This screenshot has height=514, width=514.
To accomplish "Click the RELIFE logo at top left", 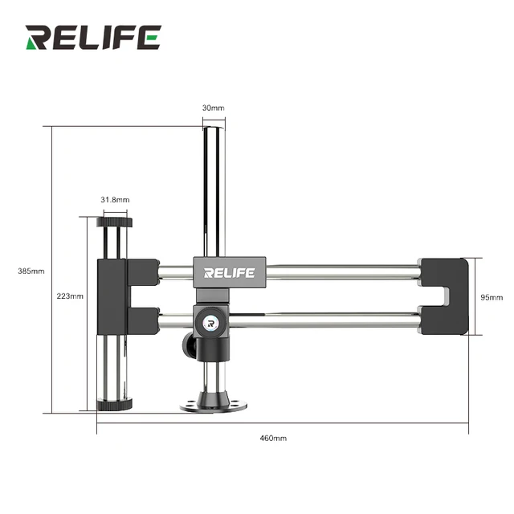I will [x=92, y=37].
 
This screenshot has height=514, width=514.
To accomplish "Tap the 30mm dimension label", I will [x=213, y=108].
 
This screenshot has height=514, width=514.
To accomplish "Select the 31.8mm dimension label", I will [x=115, y=199].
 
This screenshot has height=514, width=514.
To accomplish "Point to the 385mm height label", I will [x=31, y=271].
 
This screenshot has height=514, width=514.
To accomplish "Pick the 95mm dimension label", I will [x=492, y=296].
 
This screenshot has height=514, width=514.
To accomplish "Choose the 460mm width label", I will [x=273, y=438].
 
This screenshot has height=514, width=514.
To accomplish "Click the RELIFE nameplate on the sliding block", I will [x=229, y=272].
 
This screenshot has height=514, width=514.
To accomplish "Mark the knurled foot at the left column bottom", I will [x=112, y=405].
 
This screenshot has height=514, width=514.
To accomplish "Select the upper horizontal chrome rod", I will [x=337, y=272].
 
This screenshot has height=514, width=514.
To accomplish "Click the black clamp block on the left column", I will [x=112, y=297].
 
